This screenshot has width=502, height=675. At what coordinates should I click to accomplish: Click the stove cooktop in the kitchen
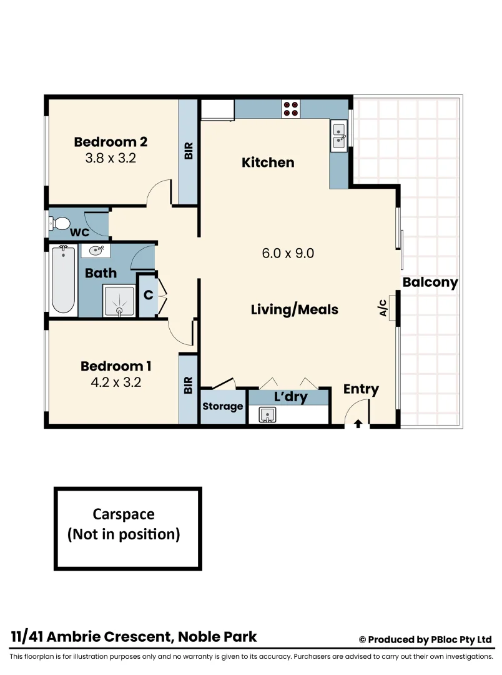[290, 109]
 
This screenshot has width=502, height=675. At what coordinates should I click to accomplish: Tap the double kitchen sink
[339, 136]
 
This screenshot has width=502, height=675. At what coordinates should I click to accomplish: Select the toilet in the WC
[61, 223]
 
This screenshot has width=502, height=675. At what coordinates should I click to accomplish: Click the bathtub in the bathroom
[62, 279]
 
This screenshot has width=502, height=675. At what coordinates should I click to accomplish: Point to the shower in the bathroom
[118, 301]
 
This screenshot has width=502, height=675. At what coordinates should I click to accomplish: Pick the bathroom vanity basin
[96, 251]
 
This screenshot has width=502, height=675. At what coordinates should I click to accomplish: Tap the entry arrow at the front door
[358, 424]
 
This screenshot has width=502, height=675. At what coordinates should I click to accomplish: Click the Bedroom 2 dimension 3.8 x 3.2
[111, 158]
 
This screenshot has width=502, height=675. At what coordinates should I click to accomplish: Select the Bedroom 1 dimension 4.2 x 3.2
[116, 382]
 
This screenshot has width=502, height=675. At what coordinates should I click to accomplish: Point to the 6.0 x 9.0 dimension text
[287, 253]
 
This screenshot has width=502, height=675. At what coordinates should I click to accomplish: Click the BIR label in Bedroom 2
[189, 151]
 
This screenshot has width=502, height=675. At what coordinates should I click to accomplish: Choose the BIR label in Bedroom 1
[189, 385]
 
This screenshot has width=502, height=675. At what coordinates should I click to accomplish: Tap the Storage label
[223, 406]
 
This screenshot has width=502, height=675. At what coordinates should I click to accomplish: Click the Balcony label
[430, 282]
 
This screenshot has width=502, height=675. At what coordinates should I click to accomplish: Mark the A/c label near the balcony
[383, 307]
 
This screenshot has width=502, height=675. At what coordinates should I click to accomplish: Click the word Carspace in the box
[124, 514]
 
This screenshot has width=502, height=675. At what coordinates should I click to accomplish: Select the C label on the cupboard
[148, 294]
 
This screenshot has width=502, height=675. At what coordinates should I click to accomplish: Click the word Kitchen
[268, 162]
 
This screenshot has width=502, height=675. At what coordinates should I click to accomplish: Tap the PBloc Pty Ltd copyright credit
[425, 639]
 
